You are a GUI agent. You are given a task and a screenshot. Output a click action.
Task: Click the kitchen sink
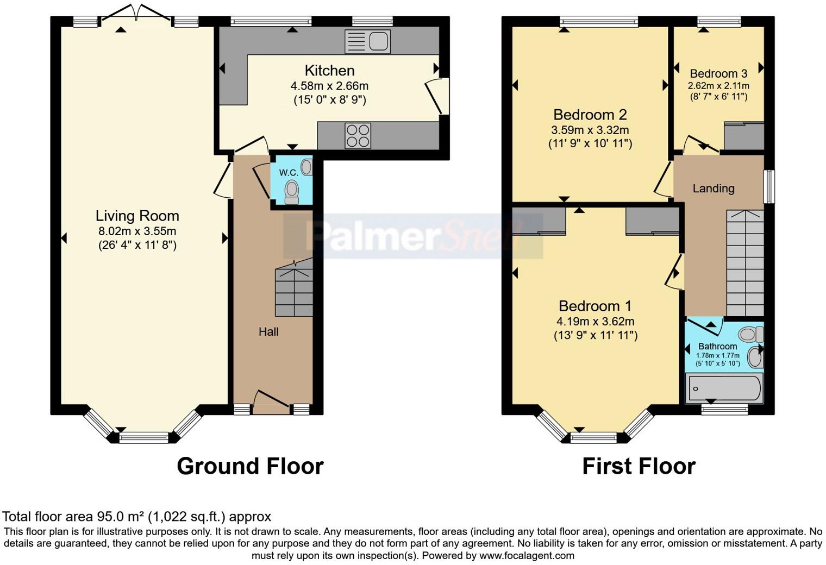tap(368, 41)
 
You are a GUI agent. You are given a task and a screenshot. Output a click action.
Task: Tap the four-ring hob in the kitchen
tap(358, 135)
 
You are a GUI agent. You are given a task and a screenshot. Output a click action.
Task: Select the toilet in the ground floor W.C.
tap(292, 191)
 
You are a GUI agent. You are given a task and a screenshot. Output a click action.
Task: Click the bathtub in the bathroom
tap(724, 388)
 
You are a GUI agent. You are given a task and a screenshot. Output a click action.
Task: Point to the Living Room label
tap(137, 216)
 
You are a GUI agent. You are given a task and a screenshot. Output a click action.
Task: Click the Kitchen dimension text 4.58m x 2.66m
tap(329, 86)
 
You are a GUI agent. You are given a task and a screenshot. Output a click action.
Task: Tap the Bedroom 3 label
tap(718, 73)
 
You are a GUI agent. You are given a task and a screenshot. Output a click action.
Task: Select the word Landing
tap(713, 189)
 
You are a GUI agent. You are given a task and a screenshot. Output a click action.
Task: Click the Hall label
tap(268, 331)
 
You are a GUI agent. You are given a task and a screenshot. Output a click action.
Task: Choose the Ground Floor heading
tap(250, 466)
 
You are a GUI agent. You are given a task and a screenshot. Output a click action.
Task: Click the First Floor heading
tap(639, 466)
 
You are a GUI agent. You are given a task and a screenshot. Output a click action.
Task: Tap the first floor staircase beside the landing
tap(745, 263)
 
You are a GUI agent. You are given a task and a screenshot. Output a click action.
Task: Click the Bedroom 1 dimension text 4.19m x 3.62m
tap(595, 321)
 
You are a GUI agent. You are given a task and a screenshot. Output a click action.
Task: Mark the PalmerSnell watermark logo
tap(413, 236)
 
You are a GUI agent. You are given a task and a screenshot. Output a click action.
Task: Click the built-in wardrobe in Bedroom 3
tap(744, 136)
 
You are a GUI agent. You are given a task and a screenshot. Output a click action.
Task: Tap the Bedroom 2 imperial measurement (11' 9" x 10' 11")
tap(590, 143)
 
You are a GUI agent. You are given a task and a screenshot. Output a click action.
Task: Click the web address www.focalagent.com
tap(527, 555)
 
